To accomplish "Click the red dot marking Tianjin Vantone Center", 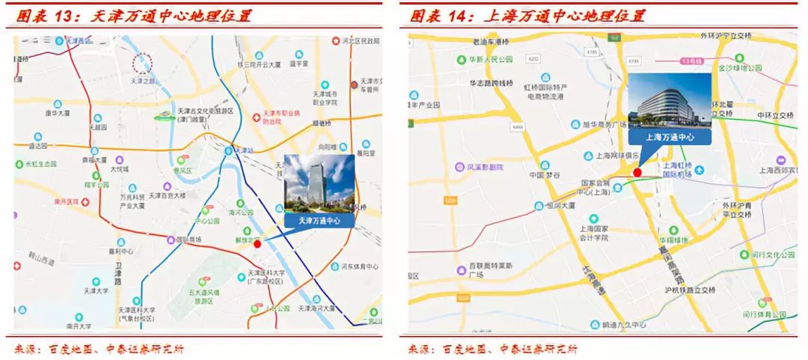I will (x=257, y=243).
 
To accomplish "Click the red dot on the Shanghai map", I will (x=637, y=172).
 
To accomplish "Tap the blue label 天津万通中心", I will (x=319, y=221).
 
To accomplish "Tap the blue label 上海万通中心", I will (x=670, y=137).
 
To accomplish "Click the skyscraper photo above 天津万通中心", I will (x=319, y=183).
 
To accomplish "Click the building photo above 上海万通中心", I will (x=670, y=101).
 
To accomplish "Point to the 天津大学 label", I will (x=96, y=291).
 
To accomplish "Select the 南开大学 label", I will (x=78, y=326).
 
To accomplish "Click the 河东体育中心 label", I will (x=359, y=266).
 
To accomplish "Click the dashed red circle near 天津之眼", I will (x=142, y=64).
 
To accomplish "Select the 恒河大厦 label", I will (x=560, y=204).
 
